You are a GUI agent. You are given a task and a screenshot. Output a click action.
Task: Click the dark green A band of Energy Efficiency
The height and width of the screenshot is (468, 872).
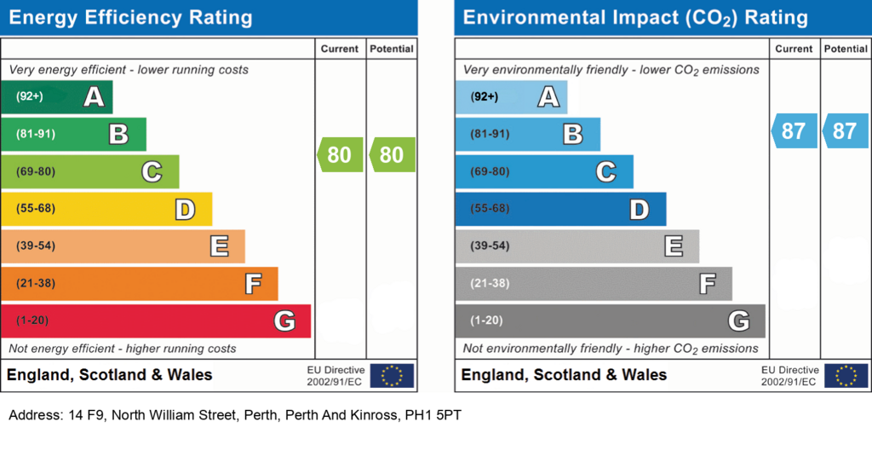(57, 97)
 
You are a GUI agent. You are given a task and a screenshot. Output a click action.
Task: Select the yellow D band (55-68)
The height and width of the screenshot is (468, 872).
(106, 209)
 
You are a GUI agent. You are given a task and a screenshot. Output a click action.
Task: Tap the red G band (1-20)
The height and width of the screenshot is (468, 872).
(156, 321)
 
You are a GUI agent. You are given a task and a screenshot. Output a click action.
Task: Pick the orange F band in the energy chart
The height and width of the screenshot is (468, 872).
(140, 283)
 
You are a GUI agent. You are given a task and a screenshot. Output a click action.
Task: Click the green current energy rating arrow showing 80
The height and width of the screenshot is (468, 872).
(340, 154)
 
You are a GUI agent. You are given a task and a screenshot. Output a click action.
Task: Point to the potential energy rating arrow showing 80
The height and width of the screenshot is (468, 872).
(392, 154)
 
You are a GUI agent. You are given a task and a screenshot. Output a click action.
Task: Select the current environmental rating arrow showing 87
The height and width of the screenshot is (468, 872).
(795, 130)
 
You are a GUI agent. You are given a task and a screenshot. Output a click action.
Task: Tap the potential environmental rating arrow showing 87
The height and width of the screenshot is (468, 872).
(846, 130)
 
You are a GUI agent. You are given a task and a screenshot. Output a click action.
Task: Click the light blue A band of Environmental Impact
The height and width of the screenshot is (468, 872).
(511, 97)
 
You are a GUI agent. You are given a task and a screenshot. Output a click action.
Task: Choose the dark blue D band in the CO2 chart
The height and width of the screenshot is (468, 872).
(560, 209)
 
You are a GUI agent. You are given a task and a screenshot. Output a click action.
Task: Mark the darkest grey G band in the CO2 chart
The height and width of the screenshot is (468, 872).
(610, 321)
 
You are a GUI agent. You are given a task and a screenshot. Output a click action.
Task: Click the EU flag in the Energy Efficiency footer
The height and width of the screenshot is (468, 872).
(392, 376)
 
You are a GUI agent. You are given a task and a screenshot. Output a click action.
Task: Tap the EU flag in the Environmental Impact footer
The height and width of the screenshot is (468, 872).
(846, 376)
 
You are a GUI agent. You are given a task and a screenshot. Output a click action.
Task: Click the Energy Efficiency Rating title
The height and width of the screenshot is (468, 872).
(130, 17)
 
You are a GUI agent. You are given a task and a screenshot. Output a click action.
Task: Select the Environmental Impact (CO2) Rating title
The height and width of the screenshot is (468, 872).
(635, 18)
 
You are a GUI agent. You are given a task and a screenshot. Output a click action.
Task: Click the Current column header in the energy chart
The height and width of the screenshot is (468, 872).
(340, 49)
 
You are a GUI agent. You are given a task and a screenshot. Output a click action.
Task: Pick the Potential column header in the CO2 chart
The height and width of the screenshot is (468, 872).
(846, 49)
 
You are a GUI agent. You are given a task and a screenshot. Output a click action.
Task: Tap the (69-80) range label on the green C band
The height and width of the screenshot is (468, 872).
(36, 171)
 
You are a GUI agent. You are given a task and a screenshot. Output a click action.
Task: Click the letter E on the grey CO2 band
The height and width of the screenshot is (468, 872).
(674, 246)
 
